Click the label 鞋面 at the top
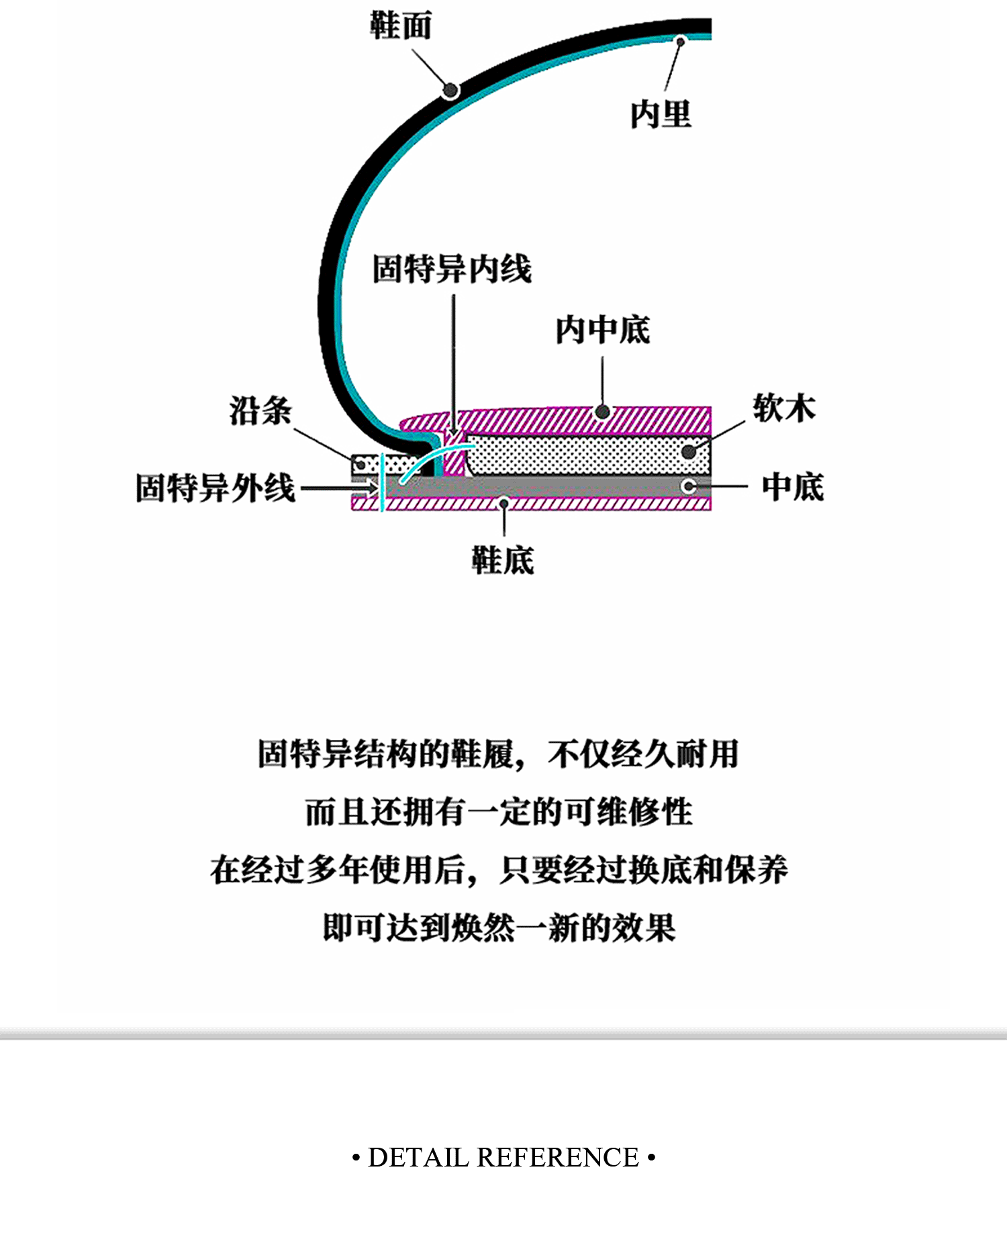point(401,26)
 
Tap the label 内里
point(661,113)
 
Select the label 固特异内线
point(452,269)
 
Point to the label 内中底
point(602,329)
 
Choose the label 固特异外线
point(215,488)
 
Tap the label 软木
point(783,408)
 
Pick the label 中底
point(792,486)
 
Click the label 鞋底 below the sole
point(502,559)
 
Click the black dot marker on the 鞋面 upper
point(450,90)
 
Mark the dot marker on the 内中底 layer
point(602,412)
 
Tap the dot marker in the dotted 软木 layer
point(689,451)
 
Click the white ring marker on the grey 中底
point(688,486)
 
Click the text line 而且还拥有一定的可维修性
point(498,811)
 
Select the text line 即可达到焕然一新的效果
point(498,927)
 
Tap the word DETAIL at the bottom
point(418,1157)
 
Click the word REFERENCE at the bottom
point(557,1157)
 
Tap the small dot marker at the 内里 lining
point(680,42)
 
